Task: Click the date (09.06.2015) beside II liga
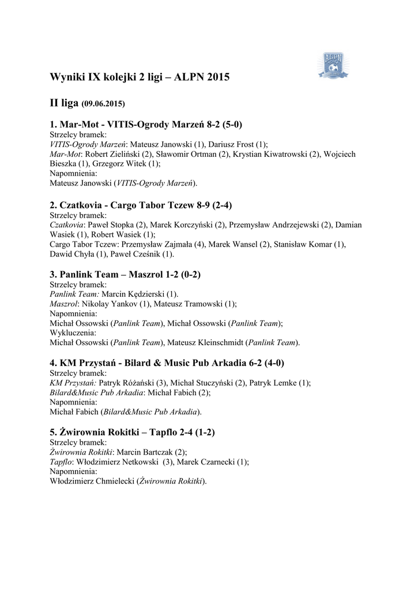tap(103, 104)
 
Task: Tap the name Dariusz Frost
tap(234, 145)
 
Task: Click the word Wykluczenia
tap(73, 333)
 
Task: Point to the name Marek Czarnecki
tap(205, 462)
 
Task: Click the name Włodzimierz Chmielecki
tap(92, 482)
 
